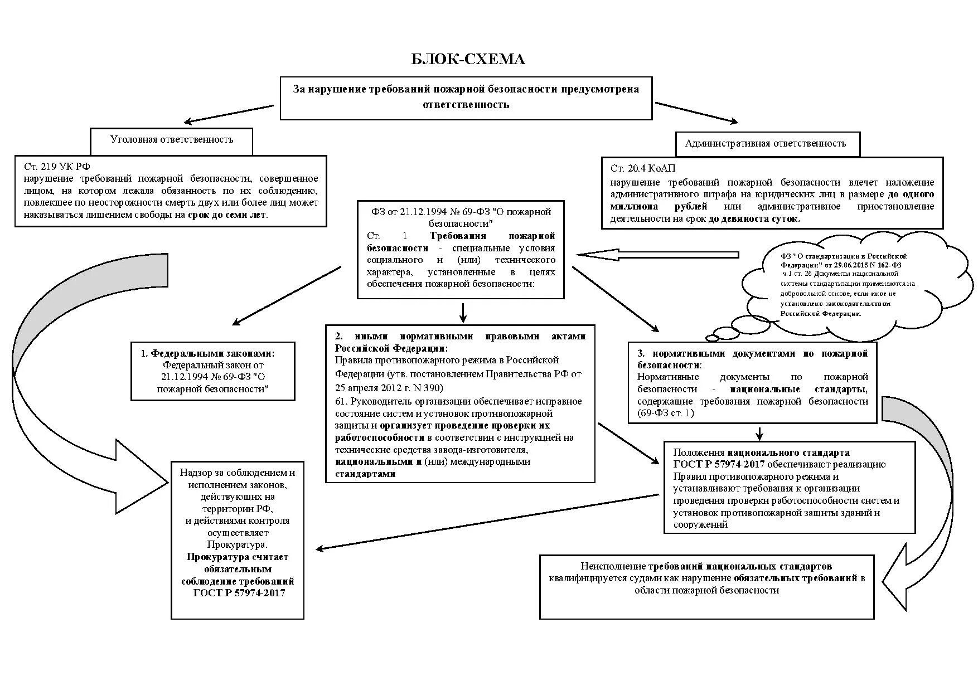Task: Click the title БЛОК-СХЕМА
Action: (468, 60)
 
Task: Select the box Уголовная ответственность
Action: (172, 139)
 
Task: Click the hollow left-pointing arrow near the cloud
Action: (658, 255)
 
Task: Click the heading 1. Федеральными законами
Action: (207, 353)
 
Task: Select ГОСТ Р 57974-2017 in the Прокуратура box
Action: (239, 593)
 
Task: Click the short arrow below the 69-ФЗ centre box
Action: (462, 312)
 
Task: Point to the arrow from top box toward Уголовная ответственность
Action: (229, 114)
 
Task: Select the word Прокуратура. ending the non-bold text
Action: (237, 544)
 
